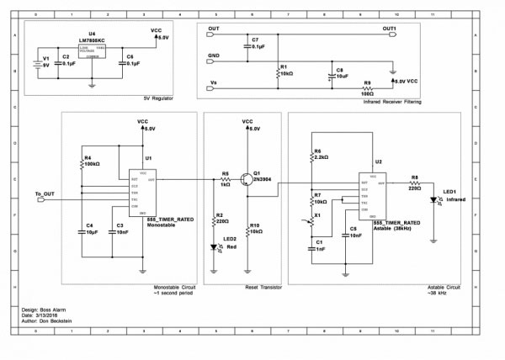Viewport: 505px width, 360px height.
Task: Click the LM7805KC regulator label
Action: (x=92, y=40)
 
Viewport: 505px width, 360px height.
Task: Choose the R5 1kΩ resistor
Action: (x=226, y=179)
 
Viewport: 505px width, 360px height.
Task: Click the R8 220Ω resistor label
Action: (x=415, y=181)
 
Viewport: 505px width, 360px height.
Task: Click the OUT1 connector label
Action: (x=389, y=29)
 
